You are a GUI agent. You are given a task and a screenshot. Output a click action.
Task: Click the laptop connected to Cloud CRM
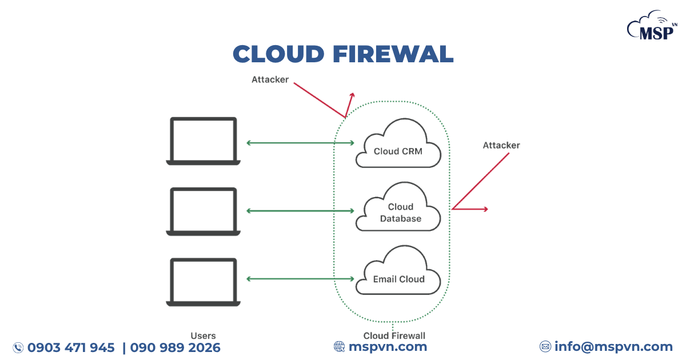point(204,142)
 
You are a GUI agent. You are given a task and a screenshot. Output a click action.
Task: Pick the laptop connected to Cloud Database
point(204,211)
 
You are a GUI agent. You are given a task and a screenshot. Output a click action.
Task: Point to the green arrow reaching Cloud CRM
point(300,142)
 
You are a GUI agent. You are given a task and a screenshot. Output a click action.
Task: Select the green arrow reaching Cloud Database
point(300,211)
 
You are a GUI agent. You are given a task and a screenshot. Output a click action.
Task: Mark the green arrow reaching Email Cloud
point(300,279)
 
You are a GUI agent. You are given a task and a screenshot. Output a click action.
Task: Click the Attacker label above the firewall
point(270,79)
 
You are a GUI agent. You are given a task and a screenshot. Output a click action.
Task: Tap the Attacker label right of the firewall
point(501,145)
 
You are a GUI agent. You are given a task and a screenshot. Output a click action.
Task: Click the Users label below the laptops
point(203,336)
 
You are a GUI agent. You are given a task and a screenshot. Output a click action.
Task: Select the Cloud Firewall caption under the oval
point(394,336)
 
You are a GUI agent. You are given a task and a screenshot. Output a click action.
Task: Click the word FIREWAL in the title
point(393,54)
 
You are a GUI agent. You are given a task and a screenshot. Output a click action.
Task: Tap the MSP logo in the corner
point(652,27)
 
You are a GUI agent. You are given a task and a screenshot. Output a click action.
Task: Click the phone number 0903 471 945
point(71,347)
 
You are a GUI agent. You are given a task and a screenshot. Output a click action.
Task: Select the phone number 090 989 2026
point(175,347)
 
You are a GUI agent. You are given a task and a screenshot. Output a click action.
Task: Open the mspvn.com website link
point(388,346)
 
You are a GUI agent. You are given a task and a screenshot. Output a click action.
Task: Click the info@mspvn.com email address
point(613,346)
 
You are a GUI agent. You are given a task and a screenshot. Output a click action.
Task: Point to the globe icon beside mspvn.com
point(340,346)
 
